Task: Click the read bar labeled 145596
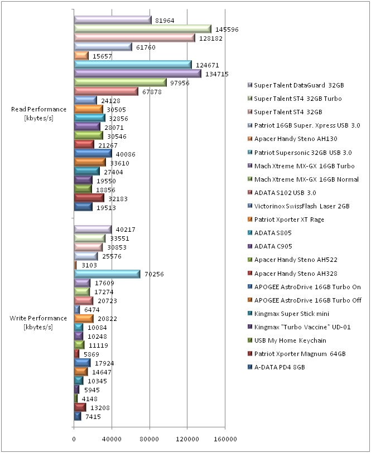coord(142,29)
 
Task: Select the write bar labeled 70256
coord(107,274)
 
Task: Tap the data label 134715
coord(218,74)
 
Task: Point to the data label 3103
coord(88,265)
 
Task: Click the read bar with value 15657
coord(81,56)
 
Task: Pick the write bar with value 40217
coord(93,230)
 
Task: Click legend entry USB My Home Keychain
coord(290,340)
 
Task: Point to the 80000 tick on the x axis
coord(150,440)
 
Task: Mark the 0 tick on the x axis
coord(74,440)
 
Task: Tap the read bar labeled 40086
coord(93,154)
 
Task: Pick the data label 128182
coord(211,38)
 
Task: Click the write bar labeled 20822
coord(85,319)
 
